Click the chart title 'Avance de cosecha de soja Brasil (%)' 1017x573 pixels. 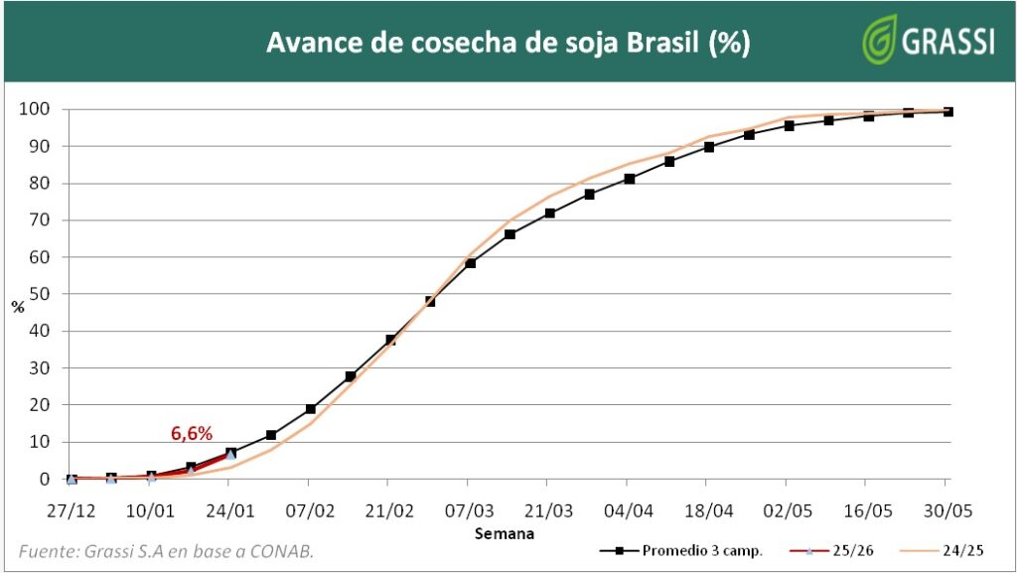point(508,44)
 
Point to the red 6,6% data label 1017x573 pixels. point(192,433)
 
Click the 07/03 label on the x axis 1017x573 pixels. point(470,510)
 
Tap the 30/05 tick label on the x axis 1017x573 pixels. point(947,510)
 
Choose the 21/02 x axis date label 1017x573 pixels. point(389,510)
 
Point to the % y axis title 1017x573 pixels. point(17,307)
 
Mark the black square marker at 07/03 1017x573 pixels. point(470,263)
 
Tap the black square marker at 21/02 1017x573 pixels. point(390,340)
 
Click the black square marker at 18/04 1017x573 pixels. point(709,147)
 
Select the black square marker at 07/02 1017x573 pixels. point(311,409)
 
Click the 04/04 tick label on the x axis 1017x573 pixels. point(629,510)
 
